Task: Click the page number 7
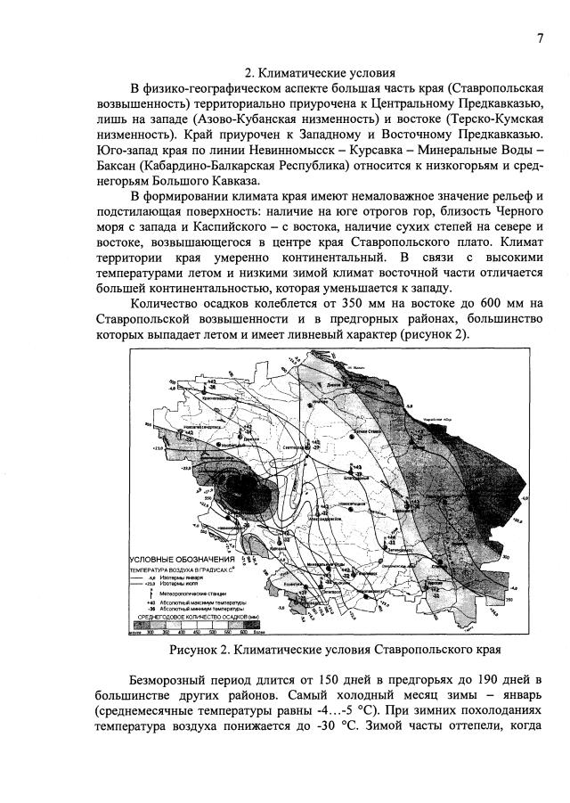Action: click(541, 37)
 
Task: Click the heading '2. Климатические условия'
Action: click(320, 72)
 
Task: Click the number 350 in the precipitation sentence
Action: click(329, 306)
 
